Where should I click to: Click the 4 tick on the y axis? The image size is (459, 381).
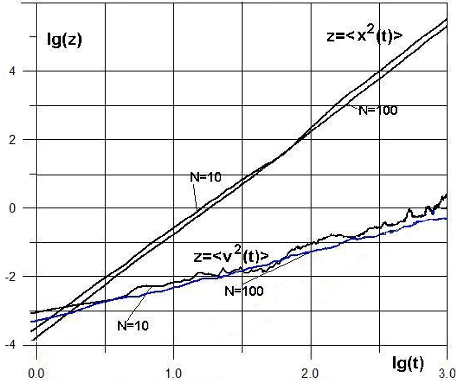coord(11,71)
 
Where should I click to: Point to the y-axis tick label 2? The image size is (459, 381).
coord(11,140)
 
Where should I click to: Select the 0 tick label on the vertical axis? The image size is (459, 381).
coord(11,208)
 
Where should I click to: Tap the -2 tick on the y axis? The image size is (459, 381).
coord(9,276)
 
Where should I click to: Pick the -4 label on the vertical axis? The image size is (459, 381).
coord(9,345)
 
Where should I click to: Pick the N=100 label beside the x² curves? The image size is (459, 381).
coord(378,110)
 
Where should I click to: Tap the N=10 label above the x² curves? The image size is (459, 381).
coord(205,177)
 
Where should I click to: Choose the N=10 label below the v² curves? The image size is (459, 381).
coord(133,325)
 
